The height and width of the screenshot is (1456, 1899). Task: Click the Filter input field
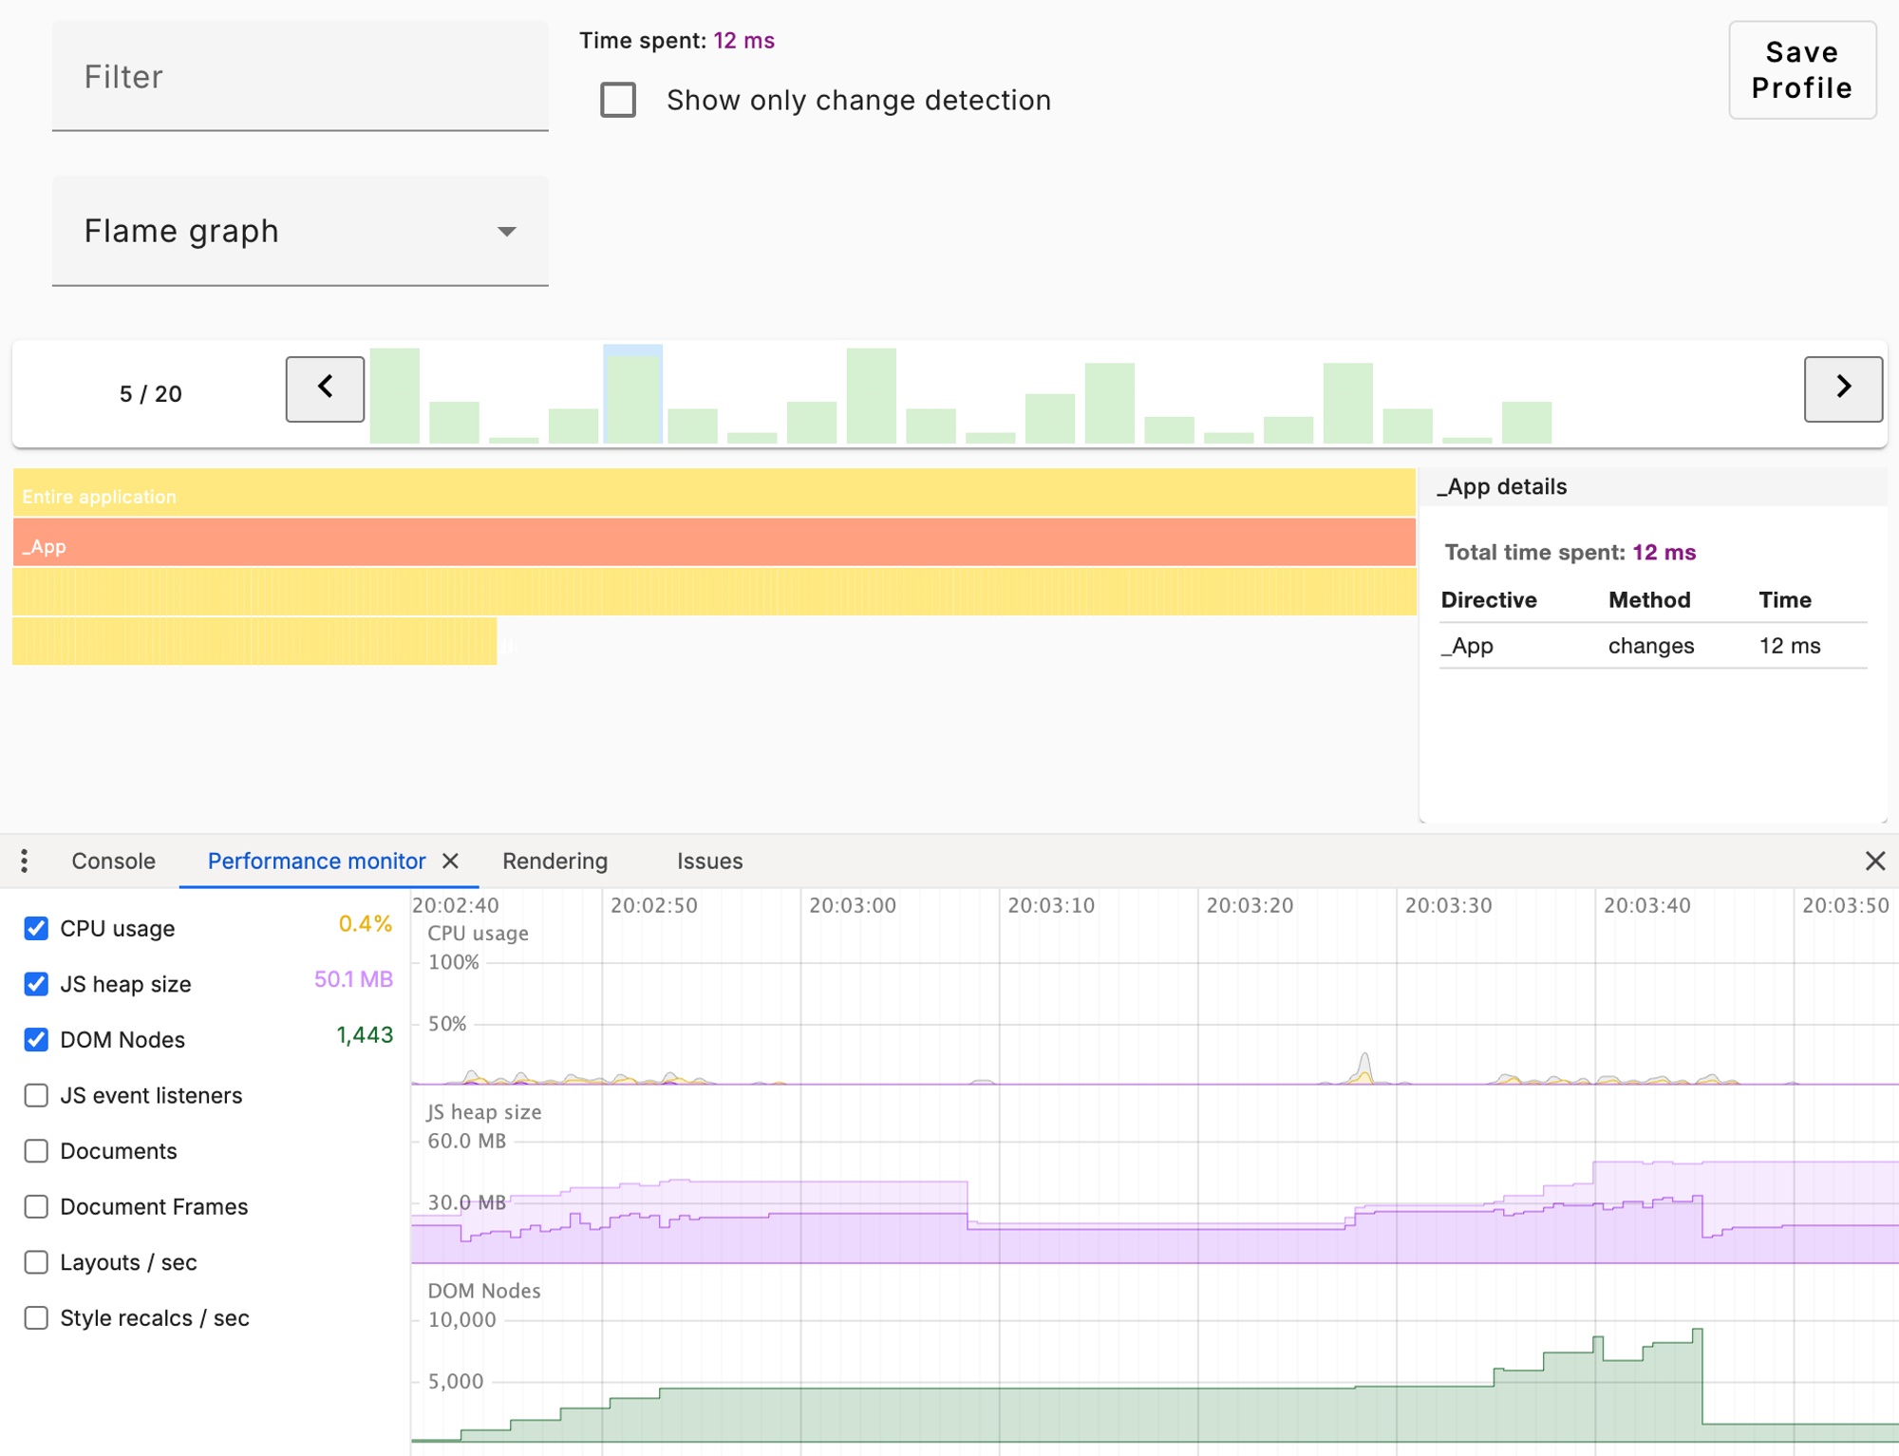pos(299,77)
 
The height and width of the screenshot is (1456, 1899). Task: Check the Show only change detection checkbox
pos(618,100)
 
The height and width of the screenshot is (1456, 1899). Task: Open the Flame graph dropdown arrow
pos(507,232)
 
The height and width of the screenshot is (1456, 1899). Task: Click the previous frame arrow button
pos(325,388)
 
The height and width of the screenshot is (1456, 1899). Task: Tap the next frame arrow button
pos(1842,388)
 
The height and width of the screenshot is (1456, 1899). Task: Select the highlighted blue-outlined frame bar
pos(633,395)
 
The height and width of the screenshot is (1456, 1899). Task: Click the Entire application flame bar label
pos(100,497)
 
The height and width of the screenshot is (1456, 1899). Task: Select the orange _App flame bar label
pos(45,547)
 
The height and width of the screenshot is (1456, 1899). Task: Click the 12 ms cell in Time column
pos(1789,646)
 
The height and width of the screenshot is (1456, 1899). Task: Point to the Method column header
pos(1649,600)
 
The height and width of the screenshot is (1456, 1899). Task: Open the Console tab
pos(113,861)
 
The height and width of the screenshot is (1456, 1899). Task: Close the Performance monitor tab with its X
pos(451,861)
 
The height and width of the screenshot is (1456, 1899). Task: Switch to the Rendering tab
pos(555,861)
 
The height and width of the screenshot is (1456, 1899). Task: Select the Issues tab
pos(709,861)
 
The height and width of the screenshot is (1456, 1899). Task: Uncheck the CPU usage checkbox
pos(36,929)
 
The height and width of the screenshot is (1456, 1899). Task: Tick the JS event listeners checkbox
pos(36,1096)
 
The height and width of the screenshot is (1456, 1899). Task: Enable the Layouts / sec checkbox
pos(36,1263)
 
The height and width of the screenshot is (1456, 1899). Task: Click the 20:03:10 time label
pos(1051,906)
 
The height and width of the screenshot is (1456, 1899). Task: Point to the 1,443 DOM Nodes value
pos(365,1035)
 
